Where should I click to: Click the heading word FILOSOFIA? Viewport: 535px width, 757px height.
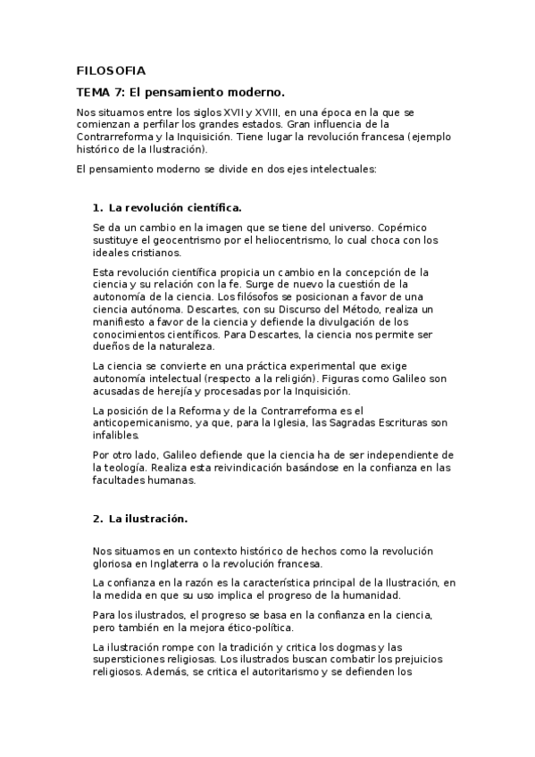click(111, 70)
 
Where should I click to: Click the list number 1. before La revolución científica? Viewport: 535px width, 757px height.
click(98, 207)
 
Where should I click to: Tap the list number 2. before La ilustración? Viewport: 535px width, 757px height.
click(98, 518)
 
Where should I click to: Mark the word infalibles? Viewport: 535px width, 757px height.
click(116, 436)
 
